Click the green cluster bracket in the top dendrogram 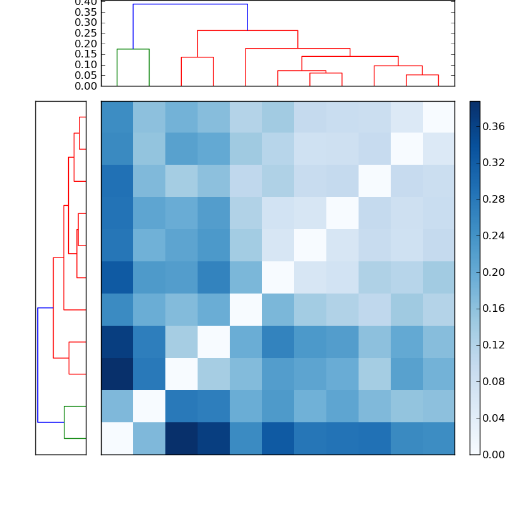coord(133,49)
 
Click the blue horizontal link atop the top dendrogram coord(189,4)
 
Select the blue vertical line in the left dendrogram coord(38,365)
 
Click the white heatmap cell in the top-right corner coord(438,117)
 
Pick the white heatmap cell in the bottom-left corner coord(117,437)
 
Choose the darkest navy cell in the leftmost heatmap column coord(117,373)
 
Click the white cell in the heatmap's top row coord(438,117)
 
